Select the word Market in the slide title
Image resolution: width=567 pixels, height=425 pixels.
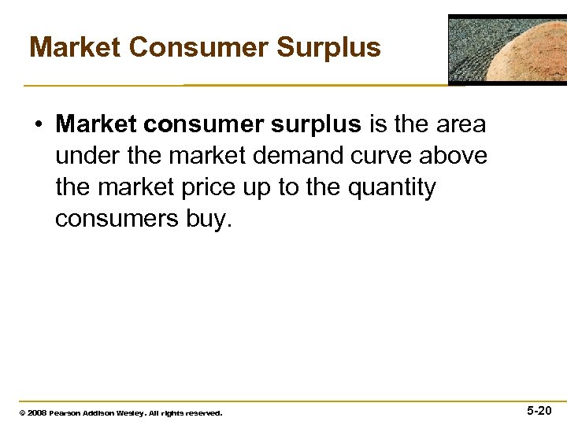(x=74, y=47)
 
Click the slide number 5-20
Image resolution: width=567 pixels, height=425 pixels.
(x=539, y=410)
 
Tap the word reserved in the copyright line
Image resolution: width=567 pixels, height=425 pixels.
(x=203, y=412)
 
